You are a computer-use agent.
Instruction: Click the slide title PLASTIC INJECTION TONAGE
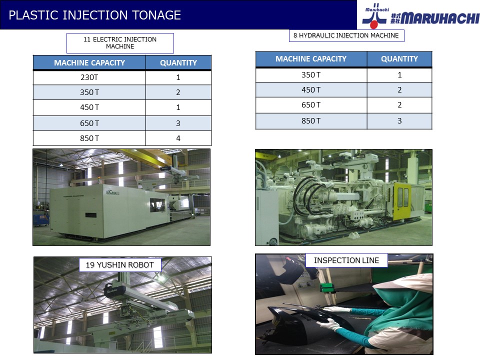(x=94, y=15)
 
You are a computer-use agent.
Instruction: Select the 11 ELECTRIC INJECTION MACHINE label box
(x=120, y=43)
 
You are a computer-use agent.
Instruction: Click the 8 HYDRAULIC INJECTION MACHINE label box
(x=346, y=35)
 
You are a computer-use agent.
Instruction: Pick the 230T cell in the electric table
(x=89, y=77)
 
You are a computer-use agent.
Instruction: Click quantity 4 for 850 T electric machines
(x=178, y=138)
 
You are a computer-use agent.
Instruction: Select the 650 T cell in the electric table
(x=89, y=123)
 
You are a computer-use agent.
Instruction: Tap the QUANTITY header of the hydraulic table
(x=399, y=59)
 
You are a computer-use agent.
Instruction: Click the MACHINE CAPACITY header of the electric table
(x=89, y=63)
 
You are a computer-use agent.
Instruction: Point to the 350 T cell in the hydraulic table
(x=311, y=75)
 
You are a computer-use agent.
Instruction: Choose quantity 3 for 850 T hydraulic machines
(x=399, y=121)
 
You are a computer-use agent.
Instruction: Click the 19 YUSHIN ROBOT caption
(x=119, y=265)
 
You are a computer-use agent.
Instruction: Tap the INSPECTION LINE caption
(x=346, y=260)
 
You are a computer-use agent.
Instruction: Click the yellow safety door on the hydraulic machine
(x=402, y=201)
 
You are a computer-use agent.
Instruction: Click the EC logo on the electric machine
(x=112, y=192)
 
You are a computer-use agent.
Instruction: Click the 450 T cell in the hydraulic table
(x=311, y=90)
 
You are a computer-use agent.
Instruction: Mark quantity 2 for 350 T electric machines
(x=178, y=92)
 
